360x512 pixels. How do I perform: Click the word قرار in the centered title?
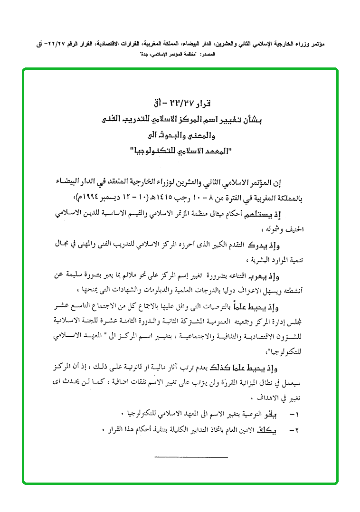point(215,104)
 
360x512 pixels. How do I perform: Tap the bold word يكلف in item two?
point(269,430)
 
